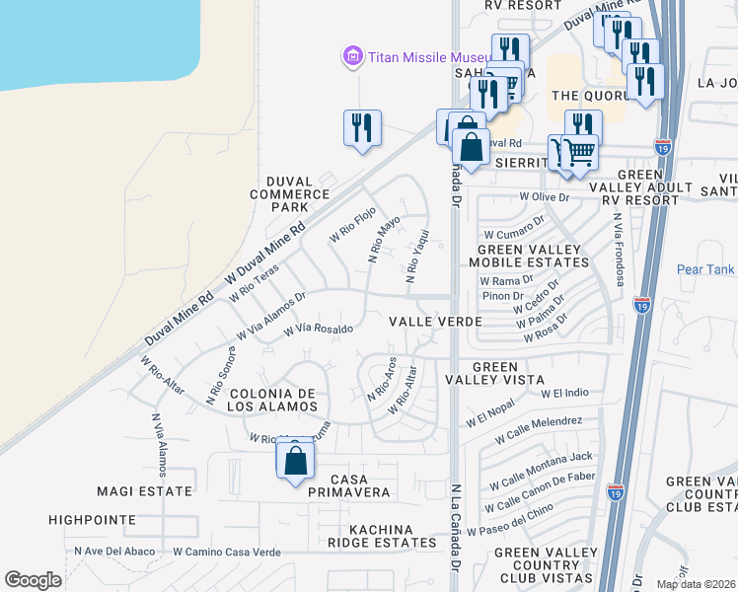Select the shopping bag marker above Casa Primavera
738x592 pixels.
pos(295,461)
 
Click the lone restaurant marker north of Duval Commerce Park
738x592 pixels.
pos(362,128)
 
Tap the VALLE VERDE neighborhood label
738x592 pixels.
pos(435,322)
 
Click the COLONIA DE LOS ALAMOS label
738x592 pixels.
pos(271,400)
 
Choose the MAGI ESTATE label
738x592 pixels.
pos(144,490)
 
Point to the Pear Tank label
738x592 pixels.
pos(705,269)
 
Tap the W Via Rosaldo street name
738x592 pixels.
pos(318,329)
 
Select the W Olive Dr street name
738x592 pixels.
pos(546,197)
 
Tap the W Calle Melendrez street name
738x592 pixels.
pos(539,429)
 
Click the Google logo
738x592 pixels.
pos(33,580)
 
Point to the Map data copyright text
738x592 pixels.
pos(696,584)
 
